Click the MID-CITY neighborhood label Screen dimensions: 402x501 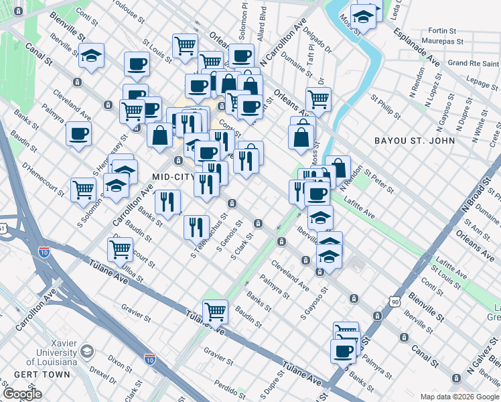(173, 177)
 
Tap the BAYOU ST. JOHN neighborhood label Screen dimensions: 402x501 (417, 141)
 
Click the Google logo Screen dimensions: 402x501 (22, 394)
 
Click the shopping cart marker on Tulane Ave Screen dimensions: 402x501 (215, 312)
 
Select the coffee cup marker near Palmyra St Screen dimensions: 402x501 (343, 351)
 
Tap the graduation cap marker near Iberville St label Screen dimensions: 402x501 (320, 218)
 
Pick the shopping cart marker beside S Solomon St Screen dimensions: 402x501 (83, 190)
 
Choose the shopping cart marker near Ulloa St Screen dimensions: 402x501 (120, 249)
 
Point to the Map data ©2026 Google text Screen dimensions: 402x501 (458, 396)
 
